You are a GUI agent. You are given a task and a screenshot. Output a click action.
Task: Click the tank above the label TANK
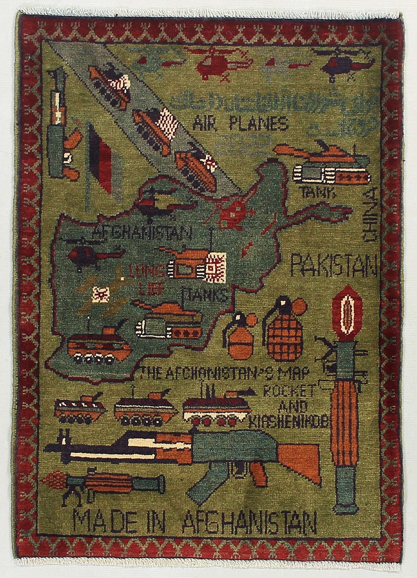[328, 167]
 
